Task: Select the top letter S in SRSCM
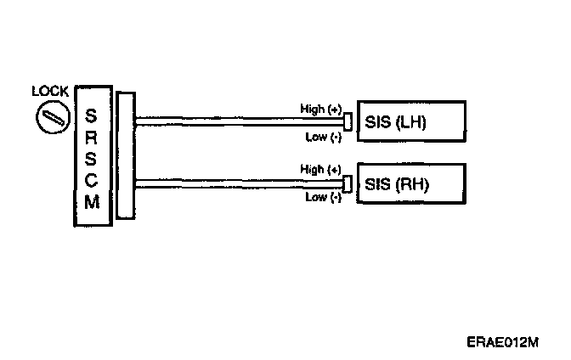(92, 113)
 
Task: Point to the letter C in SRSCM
(92, 180)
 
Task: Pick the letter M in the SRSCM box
(92, 203)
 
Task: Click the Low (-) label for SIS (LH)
(324, 136)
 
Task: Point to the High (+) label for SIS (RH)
(321, 170)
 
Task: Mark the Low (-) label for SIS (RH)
(324, 198)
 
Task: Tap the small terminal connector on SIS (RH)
(348, 183)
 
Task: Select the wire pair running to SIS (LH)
(238, 120)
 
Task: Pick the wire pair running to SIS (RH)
(238, 183)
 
